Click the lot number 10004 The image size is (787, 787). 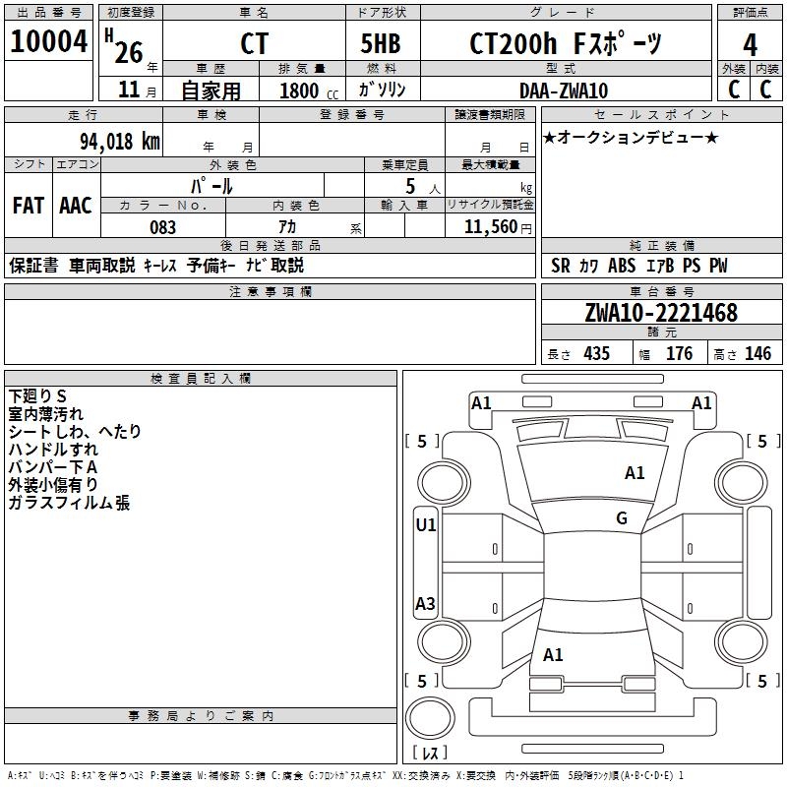[x=48, y=42]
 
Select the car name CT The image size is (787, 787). [x=254, y=44]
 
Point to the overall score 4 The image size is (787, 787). [x=750, y=44]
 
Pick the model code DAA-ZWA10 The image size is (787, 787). [x=564, y=91]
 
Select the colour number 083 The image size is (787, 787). [x=162, y=227]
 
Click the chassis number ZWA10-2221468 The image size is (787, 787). [x=661, y=314]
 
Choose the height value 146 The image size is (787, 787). [x=757, y=354]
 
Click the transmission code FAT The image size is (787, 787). [x=29, y=206]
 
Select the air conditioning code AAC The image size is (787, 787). [x=76, y=206]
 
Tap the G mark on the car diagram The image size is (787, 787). [x=622, y=518]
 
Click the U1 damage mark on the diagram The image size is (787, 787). [x=426, y=525]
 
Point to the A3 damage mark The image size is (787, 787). [x=426, y=604]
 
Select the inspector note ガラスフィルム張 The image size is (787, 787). [x=69, y=504]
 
